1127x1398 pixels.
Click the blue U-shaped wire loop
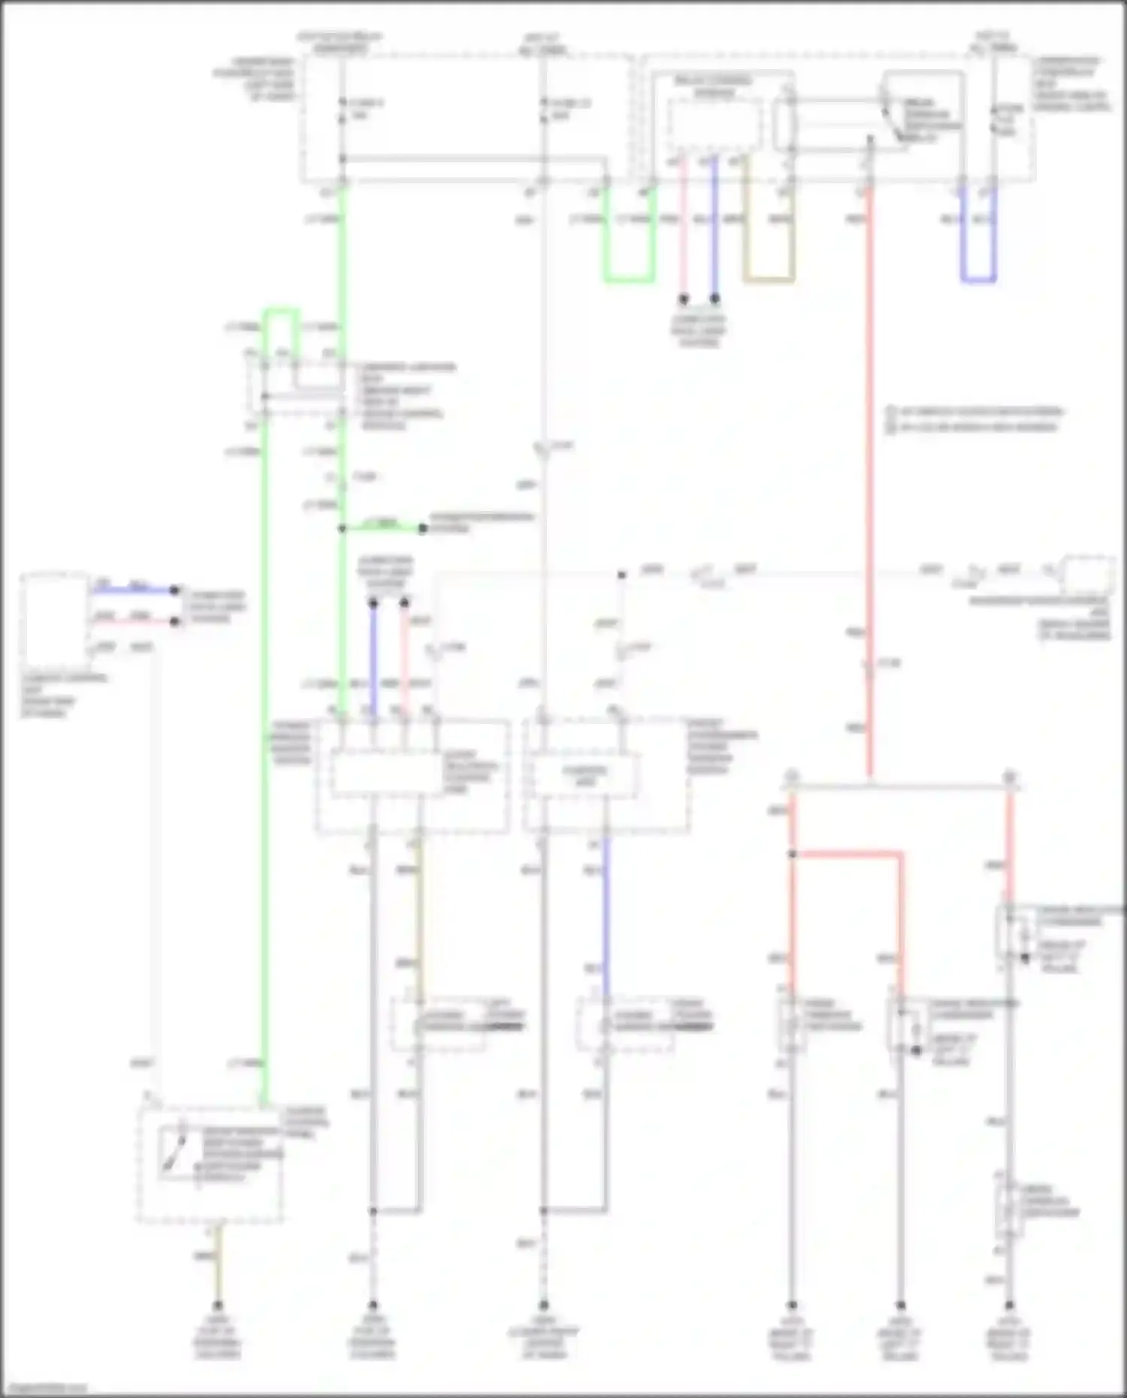tap(978, 279)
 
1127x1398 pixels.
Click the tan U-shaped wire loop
tap(768, 279)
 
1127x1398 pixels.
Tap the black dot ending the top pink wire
tap(684, 299)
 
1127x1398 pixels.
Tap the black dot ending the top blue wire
tap(715, 299)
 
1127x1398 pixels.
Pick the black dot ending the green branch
tap(422, 529)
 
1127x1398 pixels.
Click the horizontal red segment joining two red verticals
tap(847, 854)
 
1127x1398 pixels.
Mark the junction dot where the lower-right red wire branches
tap(792, 854)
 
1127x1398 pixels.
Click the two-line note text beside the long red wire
tap(974, 419)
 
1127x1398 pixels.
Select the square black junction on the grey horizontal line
tap(622, 575)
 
